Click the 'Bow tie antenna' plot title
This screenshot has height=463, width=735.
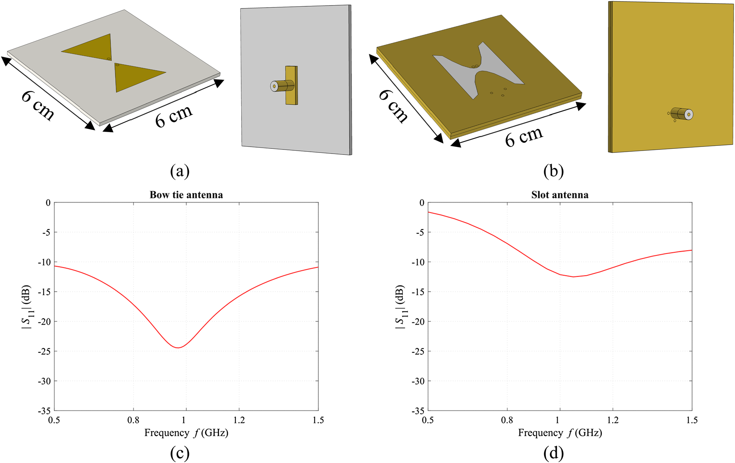click(186, 195)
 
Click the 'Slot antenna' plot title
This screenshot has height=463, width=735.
click(560, 195)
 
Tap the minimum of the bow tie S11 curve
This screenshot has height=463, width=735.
click(178, 348)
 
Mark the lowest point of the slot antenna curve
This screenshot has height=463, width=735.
click(573, 277)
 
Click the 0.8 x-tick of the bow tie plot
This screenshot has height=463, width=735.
click(133, 420)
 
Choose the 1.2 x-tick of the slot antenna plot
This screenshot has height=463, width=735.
click(612, 420)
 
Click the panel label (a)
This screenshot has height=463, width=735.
click(180, 171)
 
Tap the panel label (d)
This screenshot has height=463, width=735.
click(553, 453)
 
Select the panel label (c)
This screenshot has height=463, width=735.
click(180, 453)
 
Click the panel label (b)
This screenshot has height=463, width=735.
click(553, 171)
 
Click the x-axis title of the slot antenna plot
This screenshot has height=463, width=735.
click(560, 433)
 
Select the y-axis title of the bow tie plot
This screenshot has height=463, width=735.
click(27, 307)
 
